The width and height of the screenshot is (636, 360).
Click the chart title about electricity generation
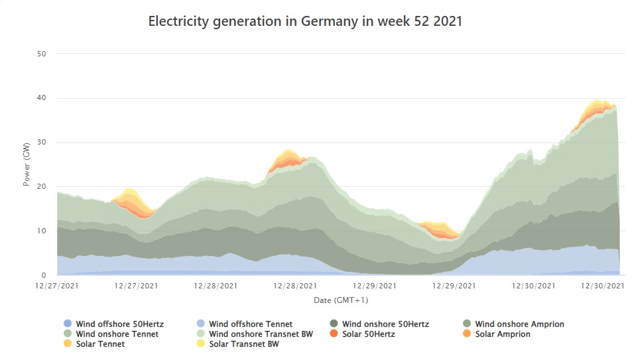tap(305, 21)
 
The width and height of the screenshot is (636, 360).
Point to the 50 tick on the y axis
tap(41, 54)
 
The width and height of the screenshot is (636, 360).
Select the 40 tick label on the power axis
tap(41, 98)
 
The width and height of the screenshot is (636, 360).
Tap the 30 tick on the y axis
tap(41, 143)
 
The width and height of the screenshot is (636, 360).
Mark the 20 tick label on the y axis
tap(41, 186)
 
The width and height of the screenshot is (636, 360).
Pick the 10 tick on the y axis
tap(41, 231)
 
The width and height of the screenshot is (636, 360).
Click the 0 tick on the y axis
tap(43, 275)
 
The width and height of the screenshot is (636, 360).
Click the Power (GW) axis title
tap(27, 164)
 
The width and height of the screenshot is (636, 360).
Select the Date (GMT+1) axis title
tap(340, 300)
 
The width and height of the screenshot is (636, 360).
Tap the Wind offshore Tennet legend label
tap(251, 324)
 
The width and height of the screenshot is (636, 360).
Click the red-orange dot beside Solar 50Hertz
tap(333, 334)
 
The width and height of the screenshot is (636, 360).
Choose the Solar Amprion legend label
tap(503, 334)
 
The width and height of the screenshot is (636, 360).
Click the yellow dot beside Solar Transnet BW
tap(200, 344)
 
